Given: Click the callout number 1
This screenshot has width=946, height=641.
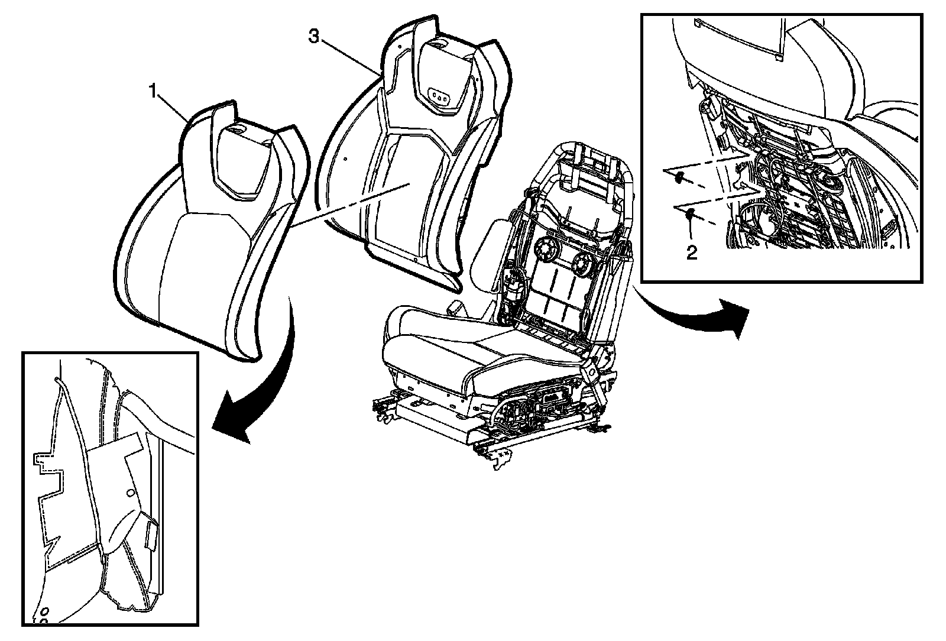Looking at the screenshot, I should coord(153,92).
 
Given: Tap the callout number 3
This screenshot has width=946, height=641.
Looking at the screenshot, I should coord(314,37).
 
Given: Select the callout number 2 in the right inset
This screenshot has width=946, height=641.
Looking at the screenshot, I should coord(691,253).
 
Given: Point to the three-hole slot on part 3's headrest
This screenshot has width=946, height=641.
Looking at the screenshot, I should coord(439,95).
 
